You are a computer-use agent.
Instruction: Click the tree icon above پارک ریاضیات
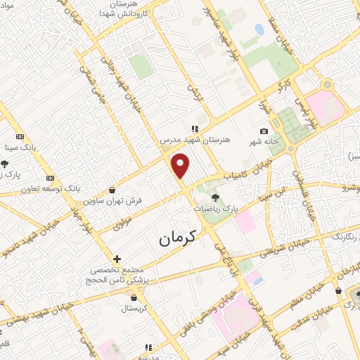click(214, 197)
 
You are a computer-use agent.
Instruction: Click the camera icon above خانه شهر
click(264, 131)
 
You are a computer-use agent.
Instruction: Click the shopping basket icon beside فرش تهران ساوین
click(112, 189)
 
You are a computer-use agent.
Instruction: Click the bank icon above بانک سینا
click(20, 136)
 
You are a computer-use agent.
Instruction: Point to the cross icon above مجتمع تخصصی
click(117, 259)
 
